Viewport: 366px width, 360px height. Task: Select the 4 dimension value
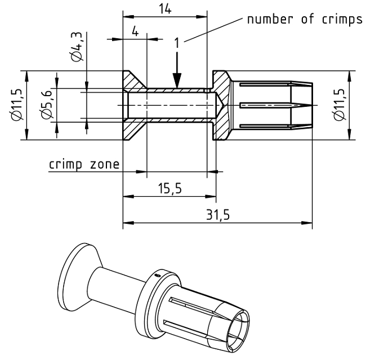[135, 31]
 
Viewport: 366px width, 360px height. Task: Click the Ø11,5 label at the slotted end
[340, 105]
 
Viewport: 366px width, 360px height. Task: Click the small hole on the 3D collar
[158, 275]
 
